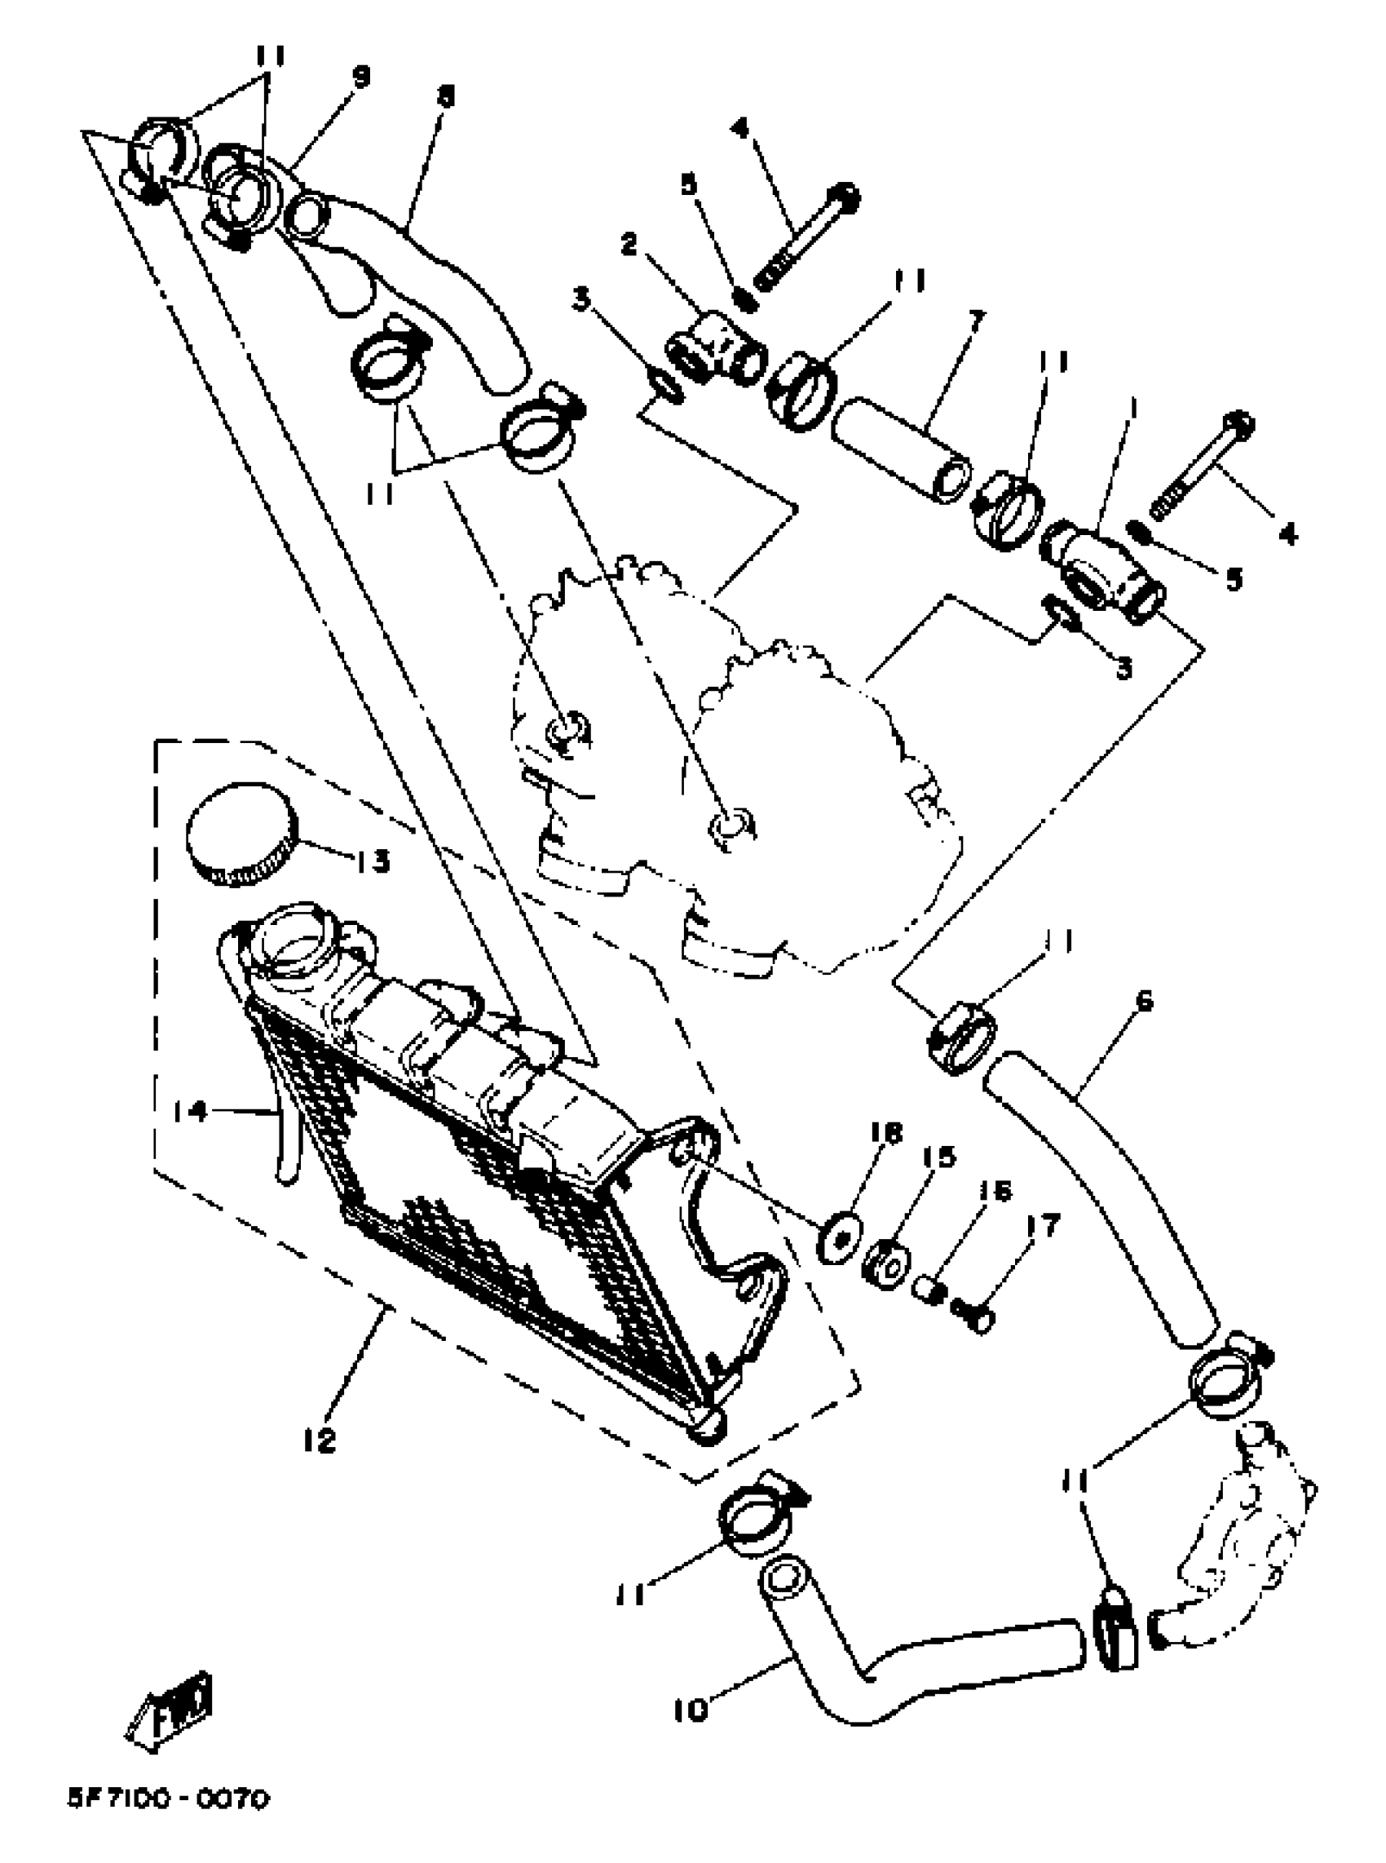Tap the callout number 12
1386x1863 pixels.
(320, 1440)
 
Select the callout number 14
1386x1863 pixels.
(191, 1112)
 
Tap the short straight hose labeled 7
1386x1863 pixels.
(901, 449)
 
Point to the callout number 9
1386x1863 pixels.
(360, 77)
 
